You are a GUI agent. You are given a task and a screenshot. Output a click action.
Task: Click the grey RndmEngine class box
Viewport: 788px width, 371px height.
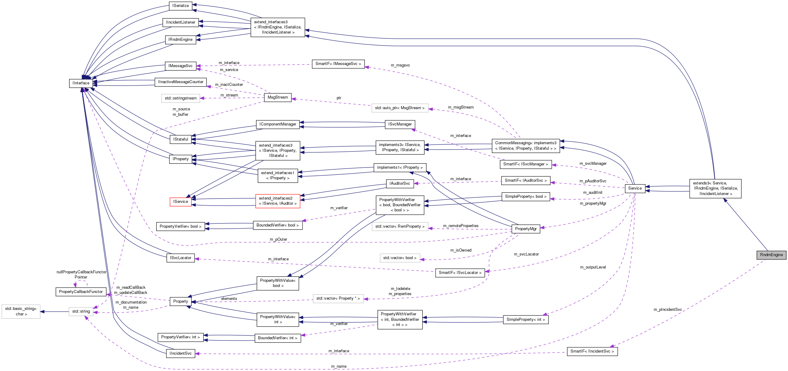[771, 255]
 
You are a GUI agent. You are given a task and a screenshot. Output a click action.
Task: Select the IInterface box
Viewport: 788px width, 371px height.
[81, 83]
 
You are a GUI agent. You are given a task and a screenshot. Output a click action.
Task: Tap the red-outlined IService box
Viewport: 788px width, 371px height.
[181, 202]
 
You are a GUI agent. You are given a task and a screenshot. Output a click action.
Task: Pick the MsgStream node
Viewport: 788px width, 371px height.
[277, 97]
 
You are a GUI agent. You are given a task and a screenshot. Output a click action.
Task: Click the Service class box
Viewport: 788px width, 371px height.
[635, 188]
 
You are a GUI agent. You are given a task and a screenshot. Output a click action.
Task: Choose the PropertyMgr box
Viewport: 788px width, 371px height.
[525, 229]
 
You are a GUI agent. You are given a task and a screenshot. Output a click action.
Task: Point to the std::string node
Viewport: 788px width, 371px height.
[81, 311]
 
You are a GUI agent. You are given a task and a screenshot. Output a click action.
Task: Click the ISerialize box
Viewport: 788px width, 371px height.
[181, 6]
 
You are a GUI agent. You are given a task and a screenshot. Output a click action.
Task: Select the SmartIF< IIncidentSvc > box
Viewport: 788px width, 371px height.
[592, 351]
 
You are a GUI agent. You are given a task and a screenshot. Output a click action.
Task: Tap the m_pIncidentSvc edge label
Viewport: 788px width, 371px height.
[668, 310]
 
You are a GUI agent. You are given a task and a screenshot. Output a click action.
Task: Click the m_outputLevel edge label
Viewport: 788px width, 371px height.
[593, 267]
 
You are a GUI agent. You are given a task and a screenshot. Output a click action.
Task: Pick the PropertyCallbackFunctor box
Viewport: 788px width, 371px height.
[81, 291]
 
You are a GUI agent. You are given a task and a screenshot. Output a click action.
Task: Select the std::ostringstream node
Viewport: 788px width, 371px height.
[181, 98]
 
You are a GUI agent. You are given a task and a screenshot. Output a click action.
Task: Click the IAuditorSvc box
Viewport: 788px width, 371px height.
[400, 184]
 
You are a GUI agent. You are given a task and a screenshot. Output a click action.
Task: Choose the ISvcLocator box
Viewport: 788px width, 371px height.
[181, 258]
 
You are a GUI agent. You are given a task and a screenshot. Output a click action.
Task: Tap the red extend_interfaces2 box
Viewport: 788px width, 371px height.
[277, 201]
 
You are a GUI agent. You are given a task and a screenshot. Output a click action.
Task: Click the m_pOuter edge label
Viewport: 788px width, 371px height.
[278, 239]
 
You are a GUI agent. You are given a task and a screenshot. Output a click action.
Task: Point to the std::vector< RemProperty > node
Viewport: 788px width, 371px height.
[400, 226]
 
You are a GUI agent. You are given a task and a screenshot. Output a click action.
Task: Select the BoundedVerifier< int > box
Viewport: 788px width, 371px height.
[277, 338]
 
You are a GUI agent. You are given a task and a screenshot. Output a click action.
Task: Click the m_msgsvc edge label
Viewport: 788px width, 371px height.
[400, 65]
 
